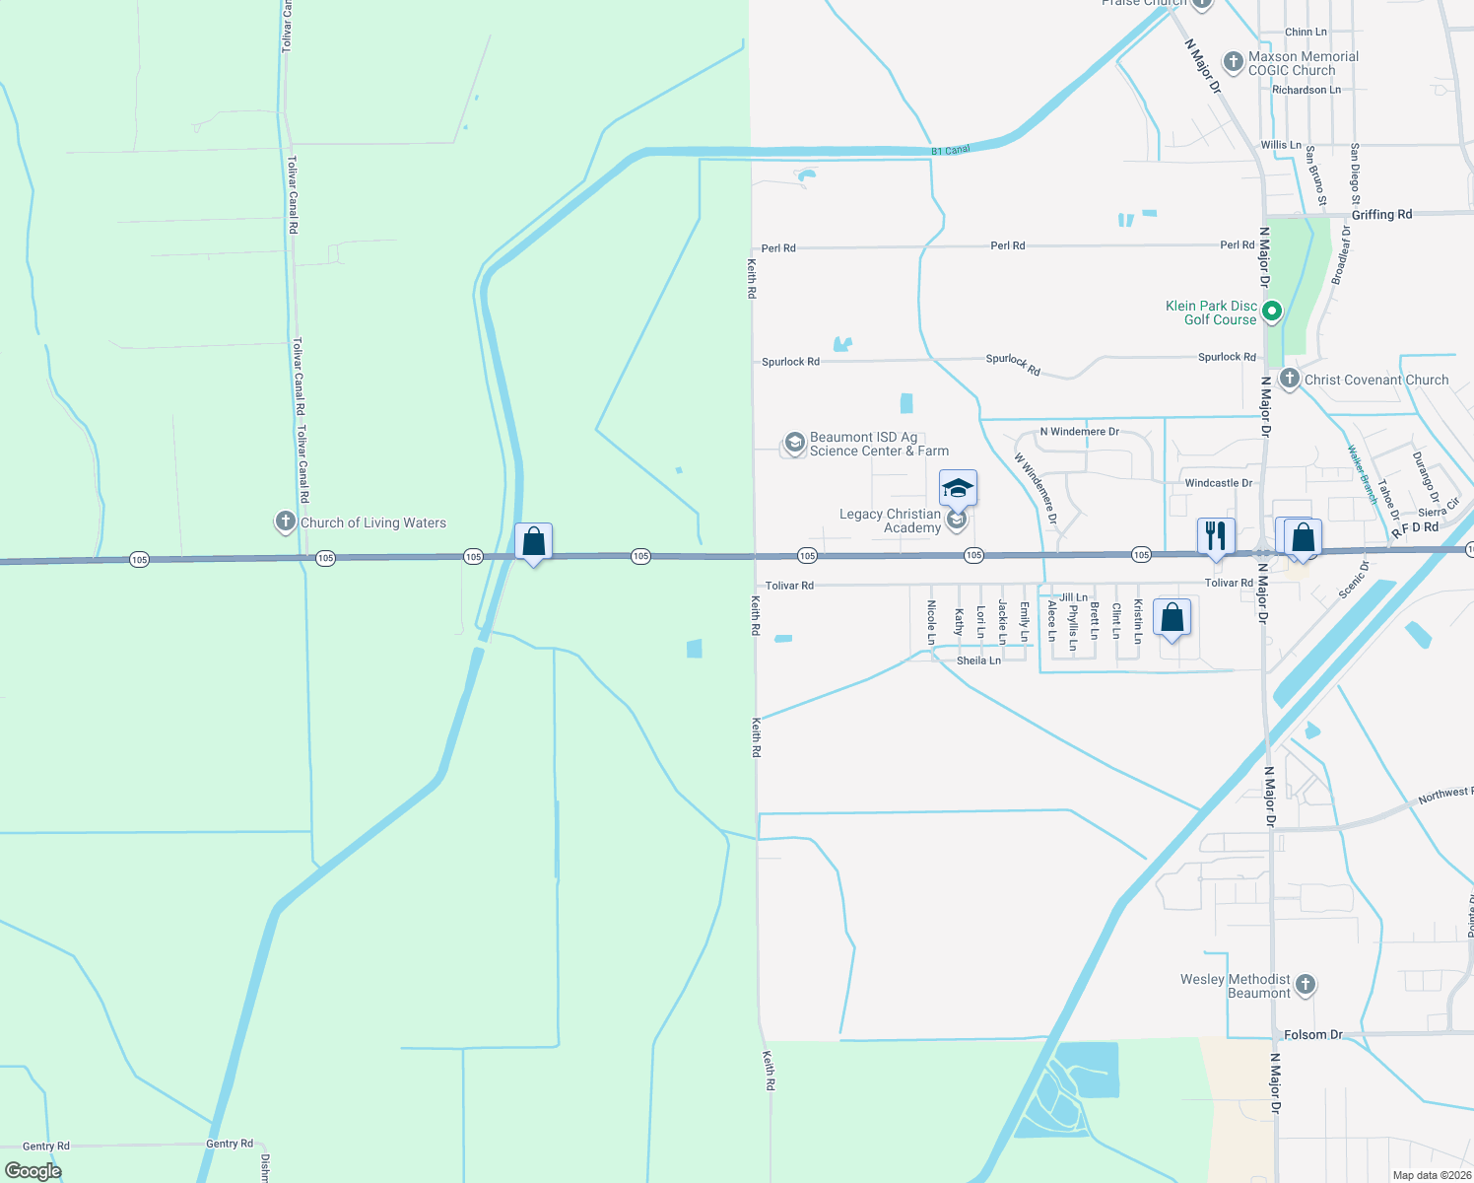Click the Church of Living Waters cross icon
[286, 522]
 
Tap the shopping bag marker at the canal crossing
[533, 541]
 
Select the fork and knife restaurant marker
[1216, 536]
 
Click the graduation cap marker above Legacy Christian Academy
[958, 488]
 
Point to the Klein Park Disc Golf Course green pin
[1272, 313]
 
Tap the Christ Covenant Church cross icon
[1289, 379]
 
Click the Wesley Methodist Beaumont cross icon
[1306, 985]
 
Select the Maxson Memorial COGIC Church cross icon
[1233, 62]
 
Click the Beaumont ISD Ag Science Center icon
[794, 444]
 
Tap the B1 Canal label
[951, 150]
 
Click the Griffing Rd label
[1381, 214]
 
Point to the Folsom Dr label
[1313, 1035]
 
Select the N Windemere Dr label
[1079, 432]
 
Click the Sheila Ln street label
[978, 661]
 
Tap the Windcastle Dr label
[1218, 483]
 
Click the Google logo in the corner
[33, 1171]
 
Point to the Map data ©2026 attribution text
[1432, 1175]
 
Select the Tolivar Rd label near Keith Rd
[789, 586]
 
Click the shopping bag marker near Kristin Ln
[1172, 618]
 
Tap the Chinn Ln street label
[1306, 32]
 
